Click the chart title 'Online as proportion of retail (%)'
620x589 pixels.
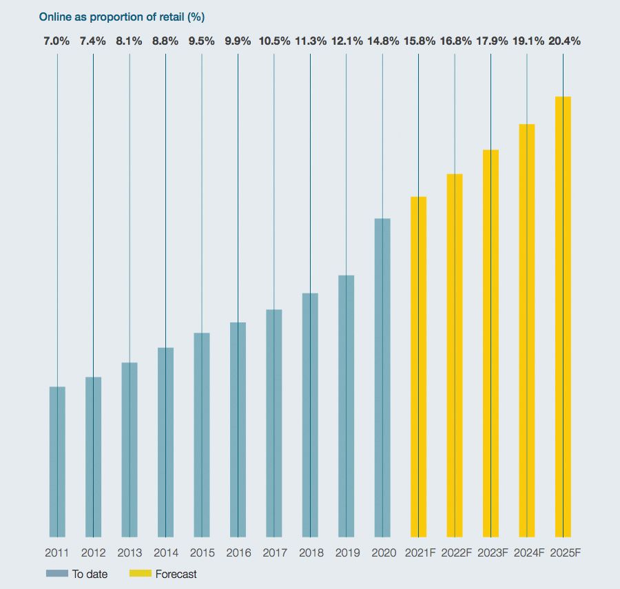122,16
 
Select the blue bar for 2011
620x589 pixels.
57,462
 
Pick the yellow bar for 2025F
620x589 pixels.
563,317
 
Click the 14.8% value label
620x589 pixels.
382,41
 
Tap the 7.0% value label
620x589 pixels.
57,41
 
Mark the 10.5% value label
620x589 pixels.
273,41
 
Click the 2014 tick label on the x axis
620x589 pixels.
165,552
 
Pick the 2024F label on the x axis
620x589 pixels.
527,552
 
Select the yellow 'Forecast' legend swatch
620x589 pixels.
140,574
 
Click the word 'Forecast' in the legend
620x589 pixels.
176,574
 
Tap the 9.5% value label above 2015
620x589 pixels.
201,41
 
